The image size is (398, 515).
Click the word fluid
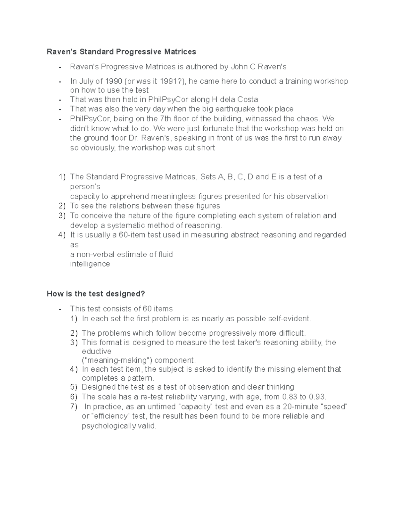165,255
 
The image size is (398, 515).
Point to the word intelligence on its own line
90,264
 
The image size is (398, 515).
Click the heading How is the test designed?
96,294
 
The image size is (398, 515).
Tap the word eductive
97,352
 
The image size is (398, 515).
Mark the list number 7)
74,407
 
